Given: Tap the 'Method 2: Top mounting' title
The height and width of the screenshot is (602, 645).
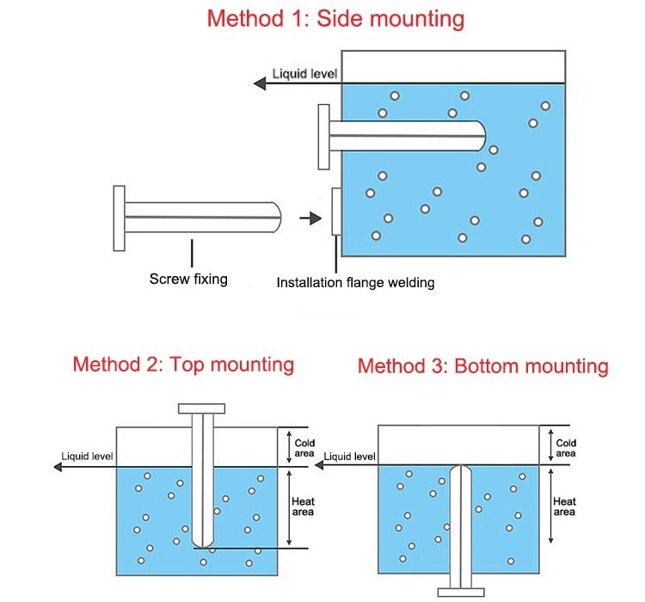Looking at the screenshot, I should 183,364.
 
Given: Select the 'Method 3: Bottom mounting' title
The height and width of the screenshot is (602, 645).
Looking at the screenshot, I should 482,366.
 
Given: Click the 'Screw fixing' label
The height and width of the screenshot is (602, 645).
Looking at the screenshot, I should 188,279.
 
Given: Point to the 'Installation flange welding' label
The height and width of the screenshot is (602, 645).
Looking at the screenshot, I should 355,282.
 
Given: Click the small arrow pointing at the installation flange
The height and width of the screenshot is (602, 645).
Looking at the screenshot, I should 305,218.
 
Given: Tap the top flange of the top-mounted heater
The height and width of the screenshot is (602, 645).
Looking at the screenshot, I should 201,408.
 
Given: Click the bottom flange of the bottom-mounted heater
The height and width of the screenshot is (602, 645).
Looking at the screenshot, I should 462,591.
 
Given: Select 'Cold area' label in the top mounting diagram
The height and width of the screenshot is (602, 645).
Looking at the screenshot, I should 304,448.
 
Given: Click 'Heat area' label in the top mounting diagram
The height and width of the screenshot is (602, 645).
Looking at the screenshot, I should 303,507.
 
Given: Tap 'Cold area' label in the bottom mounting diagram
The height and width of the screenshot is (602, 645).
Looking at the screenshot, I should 566,448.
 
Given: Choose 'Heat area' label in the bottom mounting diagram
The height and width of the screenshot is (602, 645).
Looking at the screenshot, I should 564,507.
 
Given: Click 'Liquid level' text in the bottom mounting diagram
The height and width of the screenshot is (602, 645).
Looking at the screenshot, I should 350,457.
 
